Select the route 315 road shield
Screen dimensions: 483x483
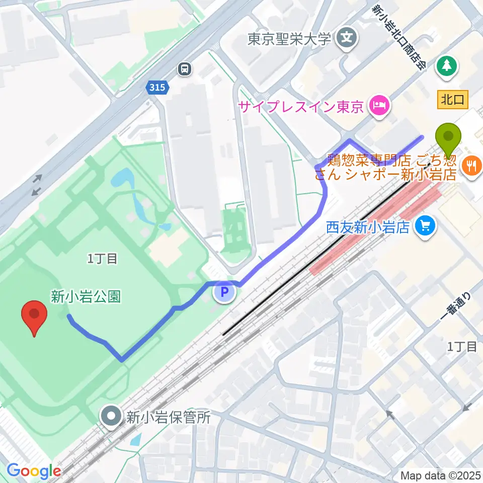(156, 88)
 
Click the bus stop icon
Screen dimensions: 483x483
(185, 68)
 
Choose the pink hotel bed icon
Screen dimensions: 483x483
(378, 106)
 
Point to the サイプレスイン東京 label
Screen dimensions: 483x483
(301, 107)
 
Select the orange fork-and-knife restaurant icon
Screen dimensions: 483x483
(472, 166)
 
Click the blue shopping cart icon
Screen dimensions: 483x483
(426, 225)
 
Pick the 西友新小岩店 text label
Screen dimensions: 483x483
(367, 226)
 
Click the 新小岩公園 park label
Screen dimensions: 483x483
(86, 296)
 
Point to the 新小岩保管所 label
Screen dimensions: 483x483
(168, 417)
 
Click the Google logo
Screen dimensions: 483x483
(33, 471)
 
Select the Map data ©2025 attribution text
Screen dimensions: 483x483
(440, 475)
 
